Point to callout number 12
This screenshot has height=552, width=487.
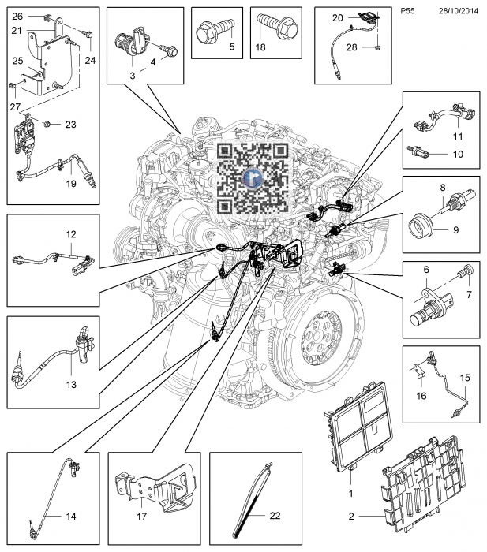click(70, 234)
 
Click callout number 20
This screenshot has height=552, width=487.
click(337, 17)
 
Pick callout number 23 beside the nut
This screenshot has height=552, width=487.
click(70, 124)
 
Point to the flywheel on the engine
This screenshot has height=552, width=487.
click(317, 332)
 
